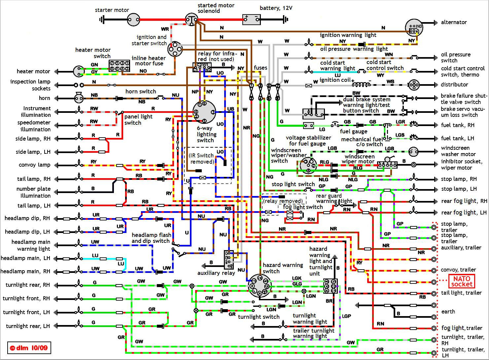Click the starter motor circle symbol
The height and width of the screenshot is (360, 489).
pyautogui.click(x=134, y=20)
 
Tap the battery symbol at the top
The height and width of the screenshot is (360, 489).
pyautogui.click(x=252, y=19)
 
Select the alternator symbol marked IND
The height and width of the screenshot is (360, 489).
pyautogui.click(x=414, y=28)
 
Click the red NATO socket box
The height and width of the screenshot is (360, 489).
pyautogui.click(x=462, y=281)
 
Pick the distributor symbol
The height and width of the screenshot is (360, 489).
pyautogui.click(x=414, y=85)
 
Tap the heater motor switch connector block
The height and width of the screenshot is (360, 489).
pyautogui.click(x=119, y=66)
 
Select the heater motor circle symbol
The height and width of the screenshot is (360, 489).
pyautogui.click(x=79, y=71)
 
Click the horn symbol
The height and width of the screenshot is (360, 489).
pyautogui.click(x=79, y=98)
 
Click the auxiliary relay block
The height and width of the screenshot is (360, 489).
pyautogui.click(x=229, y=259)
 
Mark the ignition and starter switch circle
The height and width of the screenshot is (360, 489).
pyautogui.click(x=175, y=49)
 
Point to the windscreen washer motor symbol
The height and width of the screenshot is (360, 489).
pyautogui.click(x=413, y=152)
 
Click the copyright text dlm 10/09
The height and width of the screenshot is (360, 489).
pyautogui.click(x=29, y=348)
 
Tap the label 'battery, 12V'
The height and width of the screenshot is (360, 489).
pyautogui.click(x=276, y=8)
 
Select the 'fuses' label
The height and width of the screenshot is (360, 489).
pyautogui.click(x=261, y=68)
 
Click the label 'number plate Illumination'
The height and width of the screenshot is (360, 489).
pyautogui.click(x=34, y=192)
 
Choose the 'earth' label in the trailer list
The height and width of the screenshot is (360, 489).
pyautogui.click(x=448, y=311)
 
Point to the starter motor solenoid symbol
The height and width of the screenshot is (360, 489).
pyautogui.click(x=191, y=19)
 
